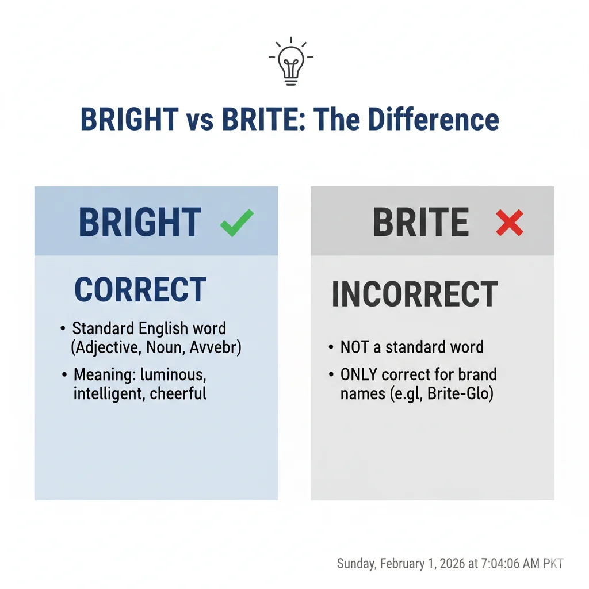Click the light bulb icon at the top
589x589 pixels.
pos(291,63)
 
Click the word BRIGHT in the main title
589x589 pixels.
pos(129,120)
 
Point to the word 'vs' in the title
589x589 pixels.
pos(200,121)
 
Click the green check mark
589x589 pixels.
pos(236,223)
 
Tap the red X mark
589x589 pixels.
pos(510,223)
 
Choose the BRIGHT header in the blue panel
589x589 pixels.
pos(140,223)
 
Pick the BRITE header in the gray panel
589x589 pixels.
pos(420,223)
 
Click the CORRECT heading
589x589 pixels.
pos(140,290)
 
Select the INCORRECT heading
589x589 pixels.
pos(414,294)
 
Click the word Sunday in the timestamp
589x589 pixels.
pos(355,564)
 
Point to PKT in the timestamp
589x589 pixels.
pos(552,564)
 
